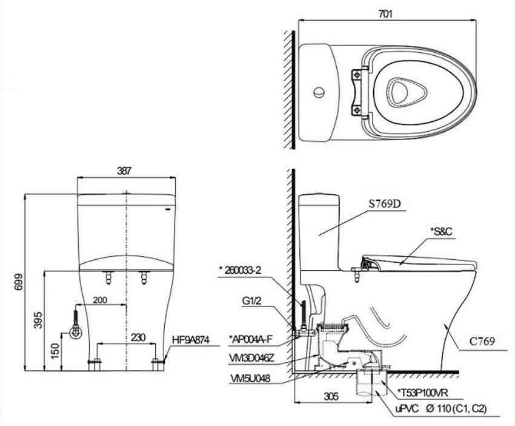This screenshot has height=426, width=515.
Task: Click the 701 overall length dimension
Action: (385, 14)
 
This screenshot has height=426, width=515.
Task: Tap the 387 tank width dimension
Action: (124, 171)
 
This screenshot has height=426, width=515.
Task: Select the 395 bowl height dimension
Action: (38, 320)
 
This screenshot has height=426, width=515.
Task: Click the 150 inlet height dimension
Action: (56, 351)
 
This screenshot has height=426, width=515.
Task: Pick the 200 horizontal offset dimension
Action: (100, 300)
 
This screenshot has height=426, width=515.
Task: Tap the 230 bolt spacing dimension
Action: (138, 337)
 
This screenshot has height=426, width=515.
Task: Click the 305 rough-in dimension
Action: (331, 396)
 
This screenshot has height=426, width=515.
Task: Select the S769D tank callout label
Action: (385, 204)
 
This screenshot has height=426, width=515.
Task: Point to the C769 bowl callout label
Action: (482, 341)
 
